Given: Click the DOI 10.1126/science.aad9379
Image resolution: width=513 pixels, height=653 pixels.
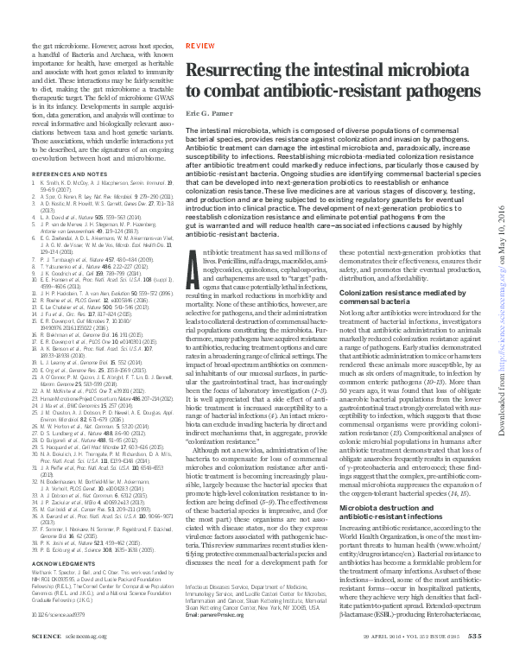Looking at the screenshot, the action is click(59, 614).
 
